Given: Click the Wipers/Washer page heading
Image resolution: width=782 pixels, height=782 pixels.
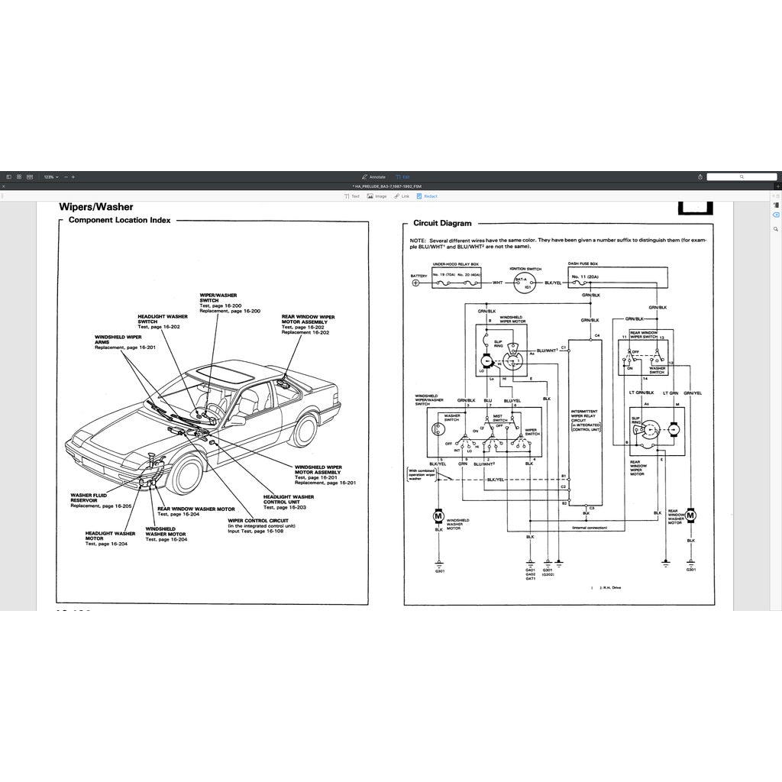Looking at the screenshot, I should pyautogui.click(x=96, y=207).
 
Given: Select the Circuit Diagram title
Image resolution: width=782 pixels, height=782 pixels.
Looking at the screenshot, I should pyautogui.click(x=442, y=224).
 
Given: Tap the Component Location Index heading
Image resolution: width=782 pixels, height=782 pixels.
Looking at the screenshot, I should pyautogui.click(x=119, y=220).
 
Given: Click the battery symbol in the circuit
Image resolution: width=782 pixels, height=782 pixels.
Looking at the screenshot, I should pyautogui.click(x=416, y=283).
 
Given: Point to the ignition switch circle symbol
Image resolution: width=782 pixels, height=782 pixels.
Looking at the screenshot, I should pyautogui.click(x=522, y=283).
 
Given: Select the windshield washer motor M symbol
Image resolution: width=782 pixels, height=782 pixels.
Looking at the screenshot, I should pyautogui.click(x=438, y=517).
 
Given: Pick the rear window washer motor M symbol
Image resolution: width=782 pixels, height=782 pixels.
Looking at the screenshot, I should pyautogui.click(x=691, y=517).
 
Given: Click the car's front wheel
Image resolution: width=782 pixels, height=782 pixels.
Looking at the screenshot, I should pyautogui.click(x=185, y=474).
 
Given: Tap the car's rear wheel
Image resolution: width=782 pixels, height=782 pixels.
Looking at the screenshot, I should pyautogui.click(x=303, y=430).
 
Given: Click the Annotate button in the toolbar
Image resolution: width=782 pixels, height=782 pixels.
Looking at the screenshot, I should pyautogui.click(x=373, y=176).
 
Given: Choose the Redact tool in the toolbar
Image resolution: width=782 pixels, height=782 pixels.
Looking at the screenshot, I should pyautogui.click(x=427, y=196).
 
